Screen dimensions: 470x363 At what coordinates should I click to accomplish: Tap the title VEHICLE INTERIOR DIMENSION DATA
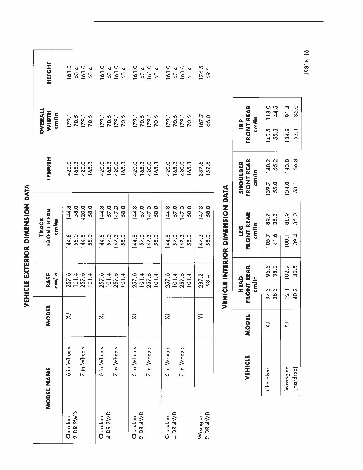[x=225, y=247]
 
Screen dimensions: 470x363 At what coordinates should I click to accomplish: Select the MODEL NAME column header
[x=48, y=388]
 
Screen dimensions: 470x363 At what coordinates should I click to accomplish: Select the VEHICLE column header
[x=247, y=367]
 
